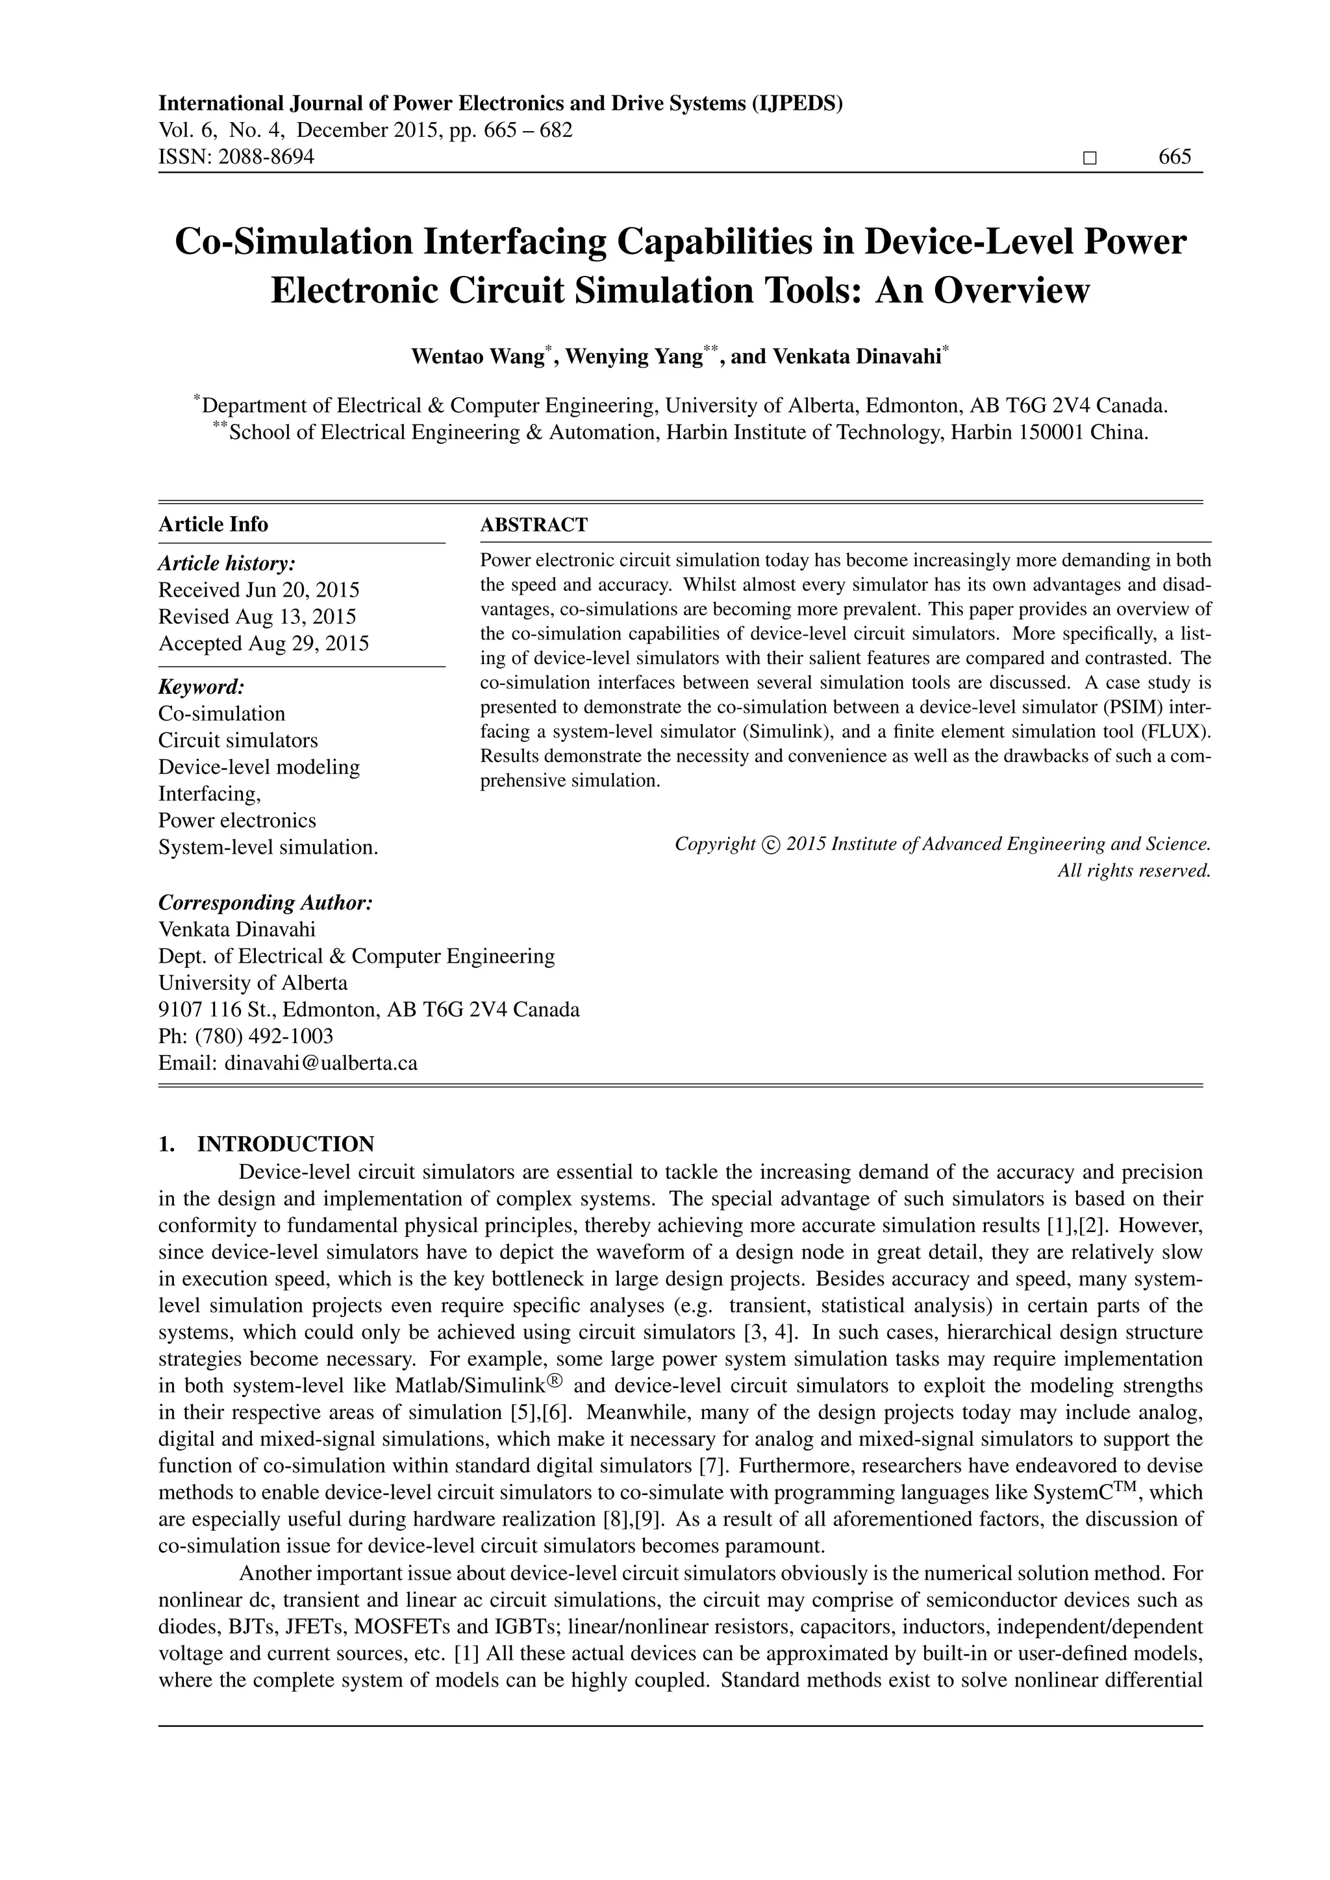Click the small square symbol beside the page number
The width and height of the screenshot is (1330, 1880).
pos(1088,158)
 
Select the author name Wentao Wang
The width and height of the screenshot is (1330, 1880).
pos(477,357)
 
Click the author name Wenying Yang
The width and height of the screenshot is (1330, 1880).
pos(633,357)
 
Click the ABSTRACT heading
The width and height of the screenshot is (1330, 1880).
pos(533,525)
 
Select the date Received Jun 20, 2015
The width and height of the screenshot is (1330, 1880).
pos(259,590)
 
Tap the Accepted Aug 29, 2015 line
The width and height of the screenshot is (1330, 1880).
pos(264,643)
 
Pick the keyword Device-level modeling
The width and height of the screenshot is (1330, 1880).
pos(259,767)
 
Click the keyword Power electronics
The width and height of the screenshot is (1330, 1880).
pos(236,821)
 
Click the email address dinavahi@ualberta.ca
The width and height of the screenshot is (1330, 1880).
pos(321,1063)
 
